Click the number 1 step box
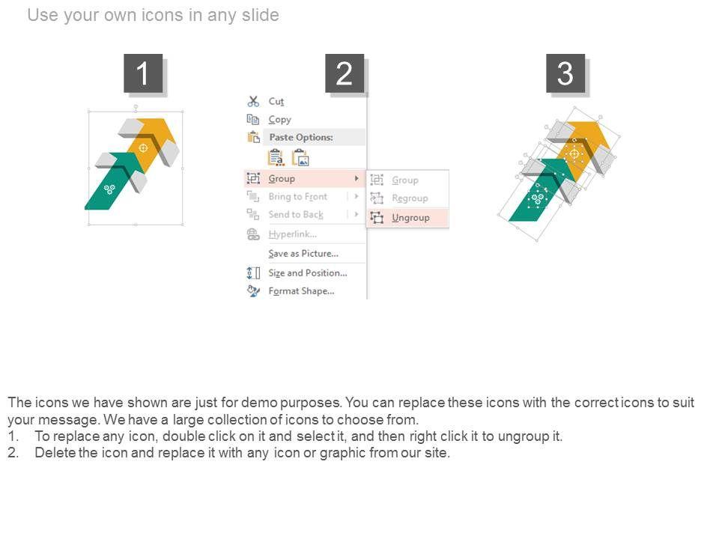[x=143, y=73]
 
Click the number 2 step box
[x=345, y=73]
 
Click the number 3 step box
[x=565, y=73]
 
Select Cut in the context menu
[x=276, y=101]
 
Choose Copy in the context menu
[x=279, y=120]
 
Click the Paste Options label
[x=301, y=137]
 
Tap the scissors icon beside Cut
[x=253, y=101]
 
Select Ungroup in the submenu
[x=410, y=218]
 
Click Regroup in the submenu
[x=410, y=198]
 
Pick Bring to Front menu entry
[x=298, y=197]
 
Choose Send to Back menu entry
[x=296, y=215]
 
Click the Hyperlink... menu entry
[x=293, y=234]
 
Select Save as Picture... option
[x=303, y=254]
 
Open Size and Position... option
[x=308, y=272]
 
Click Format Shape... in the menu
[x=301, y=291]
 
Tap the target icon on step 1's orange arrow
[x=143, y=147]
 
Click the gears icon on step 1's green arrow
[x=109, y=189]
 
